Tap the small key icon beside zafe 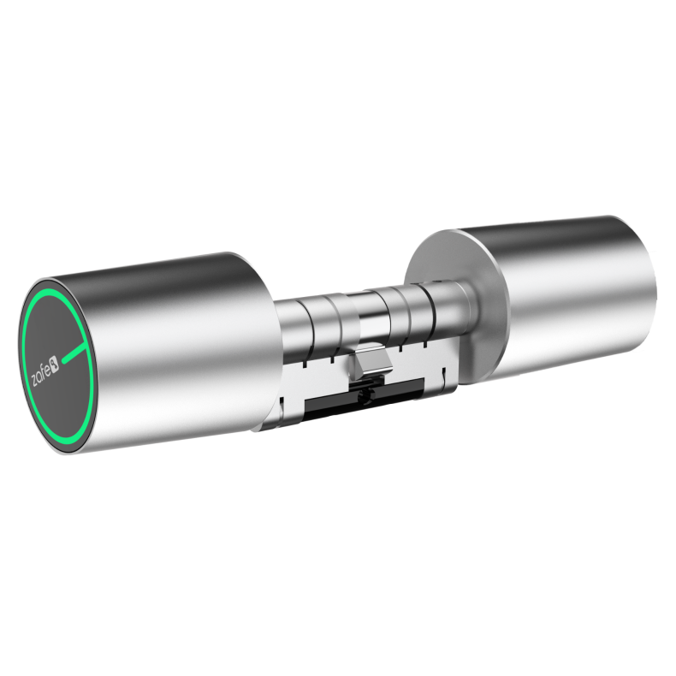[x=55, y=363]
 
